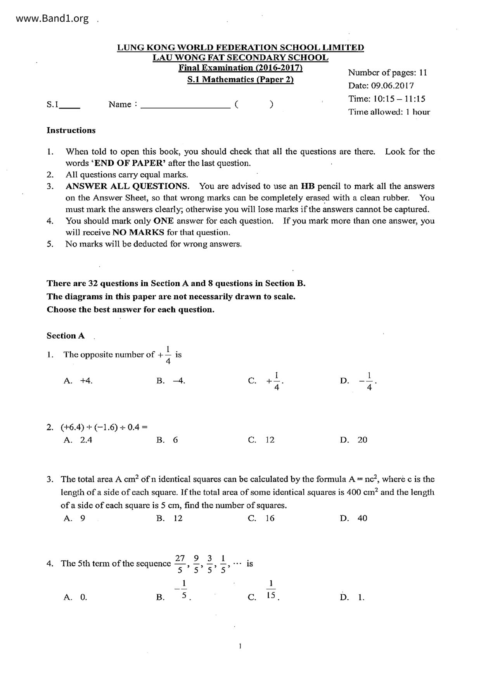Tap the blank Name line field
pyautogui.click(x=185, y=105)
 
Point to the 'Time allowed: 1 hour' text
pyautogui.click(x=389, y=112)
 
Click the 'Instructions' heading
pyautogui.click(x=71, y=130)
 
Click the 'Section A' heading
pyautogui.click(x=66, y=336)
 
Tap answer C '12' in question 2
pyautogui.click(x=270, y=440)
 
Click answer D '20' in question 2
pyautogui.click(x=362, y=440)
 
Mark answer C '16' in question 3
pyautogui.click(x=270, y=518)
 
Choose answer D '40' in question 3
pyautogui.click(x=362, y=518)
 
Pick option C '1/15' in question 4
pyautogui.click(x=271, y=590)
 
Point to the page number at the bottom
pyautogui.click(x=240, y=646)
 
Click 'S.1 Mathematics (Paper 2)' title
pyautogui.click(x=240, y=80)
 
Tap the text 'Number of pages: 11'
pyautogui.click(x=387, y=72)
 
